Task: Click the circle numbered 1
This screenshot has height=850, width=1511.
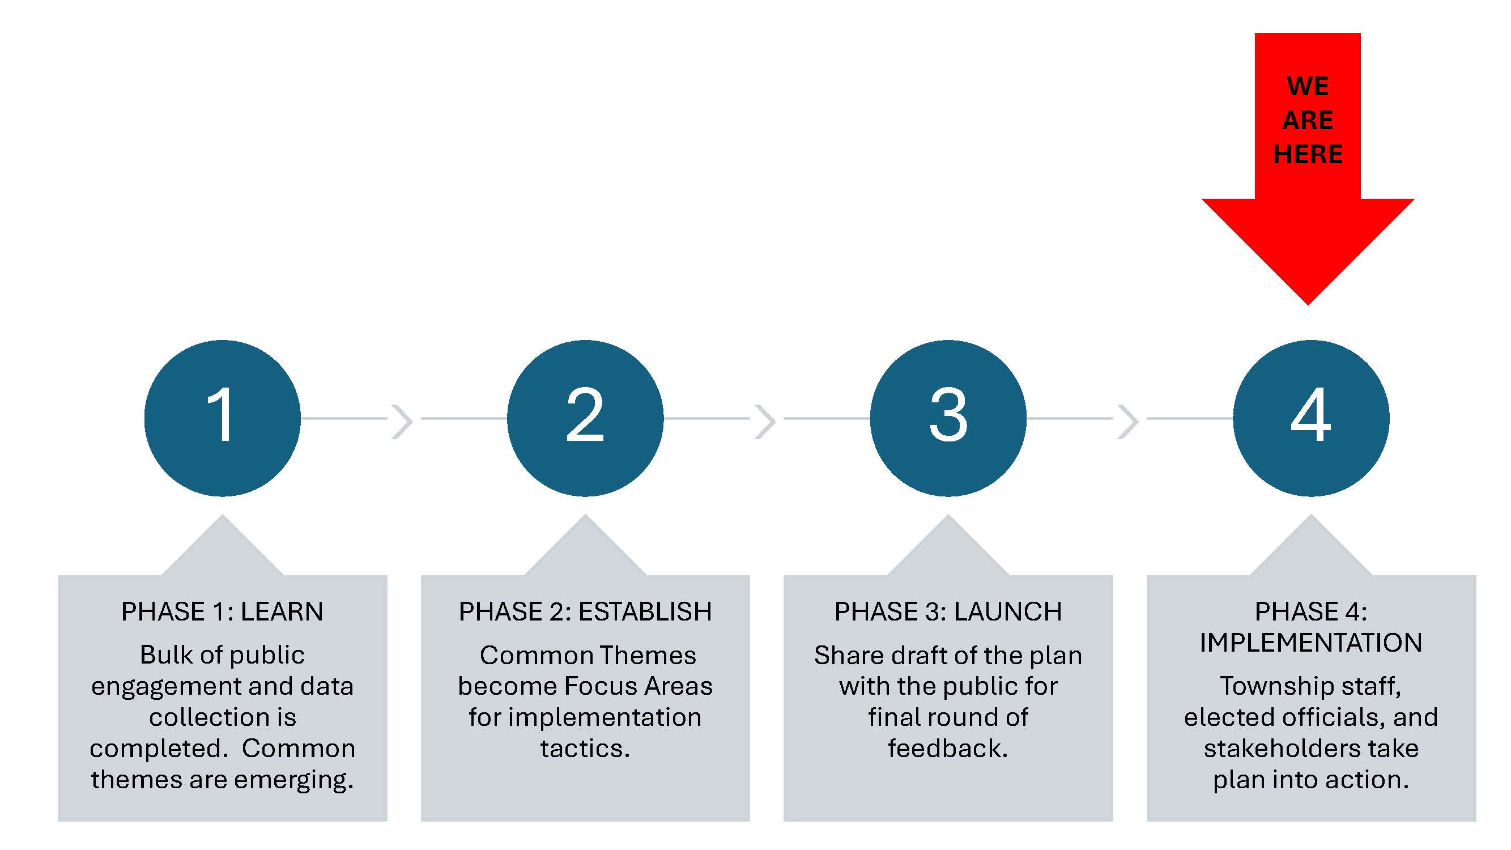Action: [222, 418]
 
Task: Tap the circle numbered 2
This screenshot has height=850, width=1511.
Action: [585, 418]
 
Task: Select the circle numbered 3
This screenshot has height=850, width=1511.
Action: [948, 418]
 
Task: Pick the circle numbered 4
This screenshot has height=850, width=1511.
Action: [1311, 418]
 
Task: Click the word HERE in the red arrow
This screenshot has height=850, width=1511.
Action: [1308, 154]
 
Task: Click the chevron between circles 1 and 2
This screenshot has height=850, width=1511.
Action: [402, 421]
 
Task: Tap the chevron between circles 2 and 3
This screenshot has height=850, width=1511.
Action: [765, 421]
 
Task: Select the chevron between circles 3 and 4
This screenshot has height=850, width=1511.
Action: [1129, 421]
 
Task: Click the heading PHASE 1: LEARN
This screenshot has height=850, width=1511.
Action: [222, 612]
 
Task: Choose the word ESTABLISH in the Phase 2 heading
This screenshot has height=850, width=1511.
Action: [645, 612]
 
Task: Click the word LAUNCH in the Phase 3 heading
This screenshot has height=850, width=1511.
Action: [1007, 612]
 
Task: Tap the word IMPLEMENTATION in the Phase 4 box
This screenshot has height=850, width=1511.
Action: [1311, 643]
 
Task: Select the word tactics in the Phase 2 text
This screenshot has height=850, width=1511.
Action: [584, 749]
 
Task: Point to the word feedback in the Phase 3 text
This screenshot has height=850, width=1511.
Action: [947, 749]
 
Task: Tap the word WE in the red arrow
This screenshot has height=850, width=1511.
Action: [1308, 86]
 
